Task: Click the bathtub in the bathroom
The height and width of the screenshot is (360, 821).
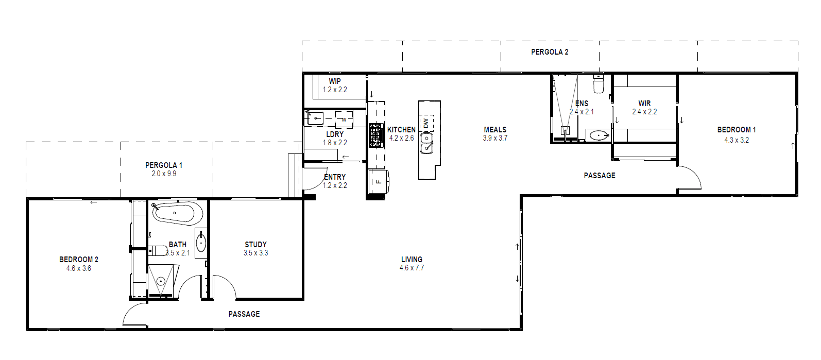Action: coord(177,213)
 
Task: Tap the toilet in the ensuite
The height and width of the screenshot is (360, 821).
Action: coord(598,84)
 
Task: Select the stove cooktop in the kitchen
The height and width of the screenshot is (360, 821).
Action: coord(375,135)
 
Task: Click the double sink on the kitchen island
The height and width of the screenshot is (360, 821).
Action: coord(426,143)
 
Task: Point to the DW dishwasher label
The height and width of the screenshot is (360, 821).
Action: coord(425,123)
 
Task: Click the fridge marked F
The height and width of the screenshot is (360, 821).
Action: coord(379,181)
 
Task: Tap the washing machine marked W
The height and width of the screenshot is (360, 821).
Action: coord(344,119)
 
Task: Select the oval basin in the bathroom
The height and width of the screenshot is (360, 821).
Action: coord(201,243)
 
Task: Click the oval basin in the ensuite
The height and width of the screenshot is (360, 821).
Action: coord(599,135)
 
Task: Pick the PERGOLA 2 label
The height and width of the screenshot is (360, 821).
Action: coord(550,52)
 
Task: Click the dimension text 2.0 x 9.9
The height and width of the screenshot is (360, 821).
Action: coord(164,174)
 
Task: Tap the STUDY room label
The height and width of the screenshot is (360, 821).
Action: coord(255,245)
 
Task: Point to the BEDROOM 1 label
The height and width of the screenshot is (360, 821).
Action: coord(737,130)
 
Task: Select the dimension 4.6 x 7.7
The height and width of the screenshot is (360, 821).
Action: coord(412,268)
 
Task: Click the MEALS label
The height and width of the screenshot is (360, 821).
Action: coord(495,130)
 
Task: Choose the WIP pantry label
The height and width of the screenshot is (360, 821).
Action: coord(335,81)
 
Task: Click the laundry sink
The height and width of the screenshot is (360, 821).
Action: coord(315,118)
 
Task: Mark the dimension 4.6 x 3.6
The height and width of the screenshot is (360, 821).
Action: coord(78,268)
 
